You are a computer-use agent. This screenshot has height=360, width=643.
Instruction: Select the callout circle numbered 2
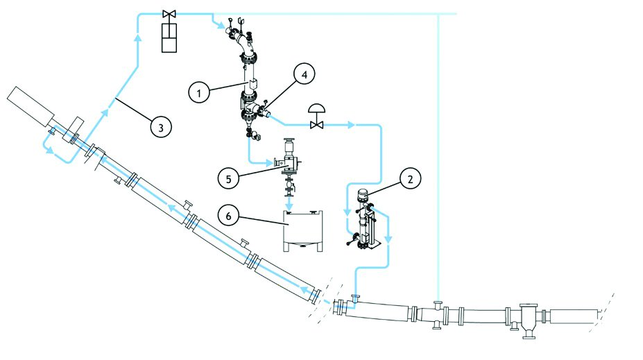click(x=410, y=179)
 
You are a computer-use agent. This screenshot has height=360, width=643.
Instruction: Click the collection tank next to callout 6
click(x=302, y=230)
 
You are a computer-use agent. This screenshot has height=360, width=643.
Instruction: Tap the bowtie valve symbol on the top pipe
click(x=169, y=14)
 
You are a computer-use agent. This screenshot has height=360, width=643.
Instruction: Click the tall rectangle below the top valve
click(x=169, y=37)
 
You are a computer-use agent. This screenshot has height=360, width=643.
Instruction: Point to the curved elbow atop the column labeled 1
click(x=243, y=47)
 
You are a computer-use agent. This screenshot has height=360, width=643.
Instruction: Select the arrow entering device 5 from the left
click(x=268, y=163)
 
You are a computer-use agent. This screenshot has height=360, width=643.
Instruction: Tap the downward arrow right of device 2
click(x=388, y=239)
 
